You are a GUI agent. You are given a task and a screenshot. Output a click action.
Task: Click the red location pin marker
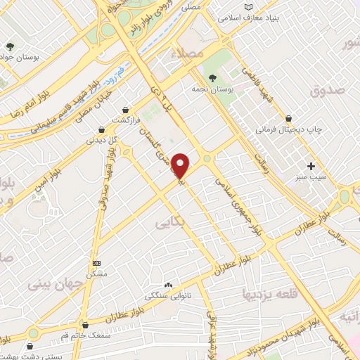pyautogui.click(x=181, y=165)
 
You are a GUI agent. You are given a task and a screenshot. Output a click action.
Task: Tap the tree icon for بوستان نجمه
pyautogui.click(x=212, y=78)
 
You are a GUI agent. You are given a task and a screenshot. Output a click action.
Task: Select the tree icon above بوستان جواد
pyautogui.click(x=10, y=47)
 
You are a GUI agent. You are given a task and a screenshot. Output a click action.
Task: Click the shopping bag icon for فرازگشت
pyautogui.click(x=125, y=110)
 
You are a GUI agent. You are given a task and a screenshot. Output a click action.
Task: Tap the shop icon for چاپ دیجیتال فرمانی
pyautogui.click(x=288, y=119)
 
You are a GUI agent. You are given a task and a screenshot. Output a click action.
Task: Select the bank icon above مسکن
pyautogui.click(x=96, y=262)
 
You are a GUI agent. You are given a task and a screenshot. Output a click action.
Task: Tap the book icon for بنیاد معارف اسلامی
pyautogui.click(x=247, y=7)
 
